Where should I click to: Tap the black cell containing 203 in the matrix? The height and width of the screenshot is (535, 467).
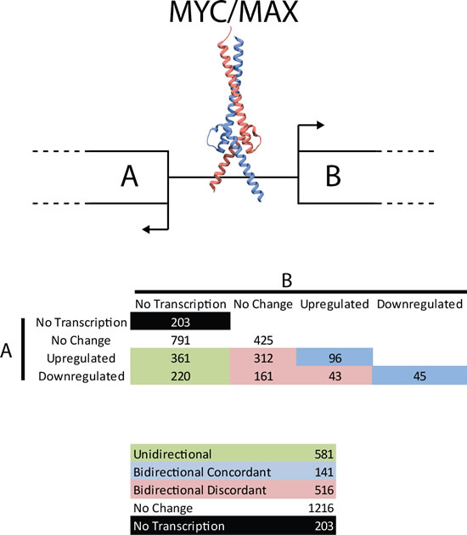(x=179, y=322)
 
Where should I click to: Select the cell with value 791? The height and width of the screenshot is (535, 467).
(x=179, y=340)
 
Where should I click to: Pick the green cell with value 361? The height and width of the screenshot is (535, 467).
(x=179, y=358)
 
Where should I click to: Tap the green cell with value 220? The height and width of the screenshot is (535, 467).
(x=179, y=375)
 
